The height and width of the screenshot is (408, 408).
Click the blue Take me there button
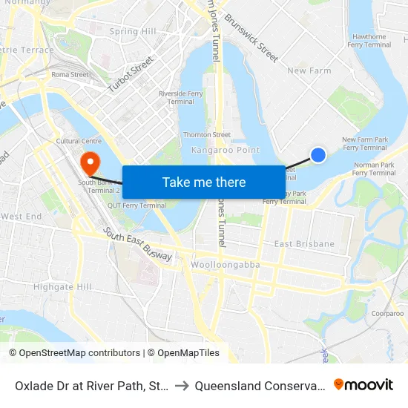(x=204, y=182)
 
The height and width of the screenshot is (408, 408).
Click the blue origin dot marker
(x=318, y=154)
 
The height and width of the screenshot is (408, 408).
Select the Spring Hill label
(x=133, y=32)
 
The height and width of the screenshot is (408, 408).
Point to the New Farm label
(x=309, y=71)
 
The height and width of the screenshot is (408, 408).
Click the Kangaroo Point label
(x=226, y=150)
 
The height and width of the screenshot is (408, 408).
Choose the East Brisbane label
(x=304, y=244)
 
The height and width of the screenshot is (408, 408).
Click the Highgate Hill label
(x=62, y=287)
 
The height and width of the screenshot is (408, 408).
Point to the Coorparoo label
(x=387, y=314)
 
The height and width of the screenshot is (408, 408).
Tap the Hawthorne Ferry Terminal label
(x=370, y=40)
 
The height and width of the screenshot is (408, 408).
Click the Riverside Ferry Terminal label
(x=182, y=97)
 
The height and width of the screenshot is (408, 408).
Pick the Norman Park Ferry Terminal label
(x=374, y=168)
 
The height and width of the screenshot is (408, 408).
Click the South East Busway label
(x=138, y=244)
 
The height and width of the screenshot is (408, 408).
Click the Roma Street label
(x=70, y=75)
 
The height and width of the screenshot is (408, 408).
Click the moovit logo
(x=363, y=384)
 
